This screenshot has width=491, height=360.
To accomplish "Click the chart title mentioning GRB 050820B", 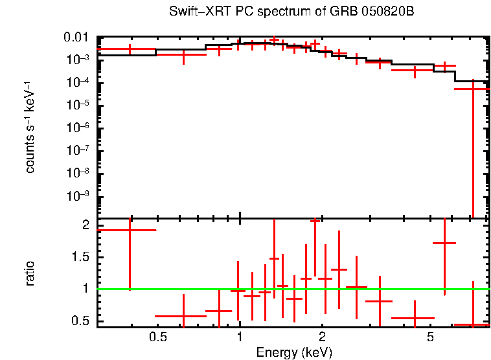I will [291, 12].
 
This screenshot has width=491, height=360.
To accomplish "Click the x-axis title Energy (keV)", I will [294, 352].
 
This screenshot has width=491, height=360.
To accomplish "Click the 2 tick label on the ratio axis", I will [85, 225].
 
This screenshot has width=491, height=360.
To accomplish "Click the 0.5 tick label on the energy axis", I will [157, 337].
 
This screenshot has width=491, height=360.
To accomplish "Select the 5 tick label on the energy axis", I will [430, 337].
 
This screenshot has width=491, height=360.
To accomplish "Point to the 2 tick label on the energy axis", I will [322, 337].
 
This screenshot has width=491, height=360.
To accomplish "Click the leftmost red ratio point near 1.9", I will [130, 230].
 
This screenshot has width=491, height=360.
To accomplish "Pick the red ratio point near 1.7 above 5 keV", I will [444, 243].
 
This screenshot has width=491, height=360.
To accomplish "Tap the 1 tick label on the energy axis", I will [240, 337].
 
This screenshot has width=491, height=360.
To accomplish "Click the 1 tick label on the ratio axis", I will [85, 289].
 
